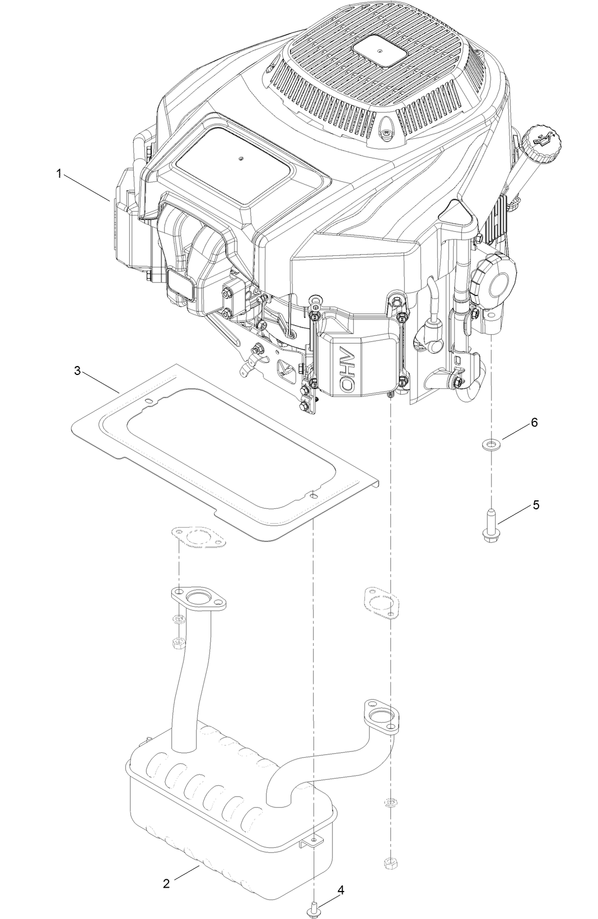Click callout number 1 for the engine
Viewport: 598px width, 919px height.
tap(58, 174)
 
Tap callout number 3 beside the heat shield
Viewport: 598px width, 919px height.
tap(78, 371)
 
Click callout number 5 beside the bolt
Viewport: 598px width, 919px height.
tap(536, 505)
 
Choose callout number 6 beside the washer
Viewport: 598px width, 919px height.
tap(534, 423)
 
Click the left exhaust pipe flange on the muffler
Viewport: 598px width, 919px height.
tap(199, 600)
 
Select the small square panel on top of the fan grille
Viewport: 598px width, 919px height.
tap(379, 50)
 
